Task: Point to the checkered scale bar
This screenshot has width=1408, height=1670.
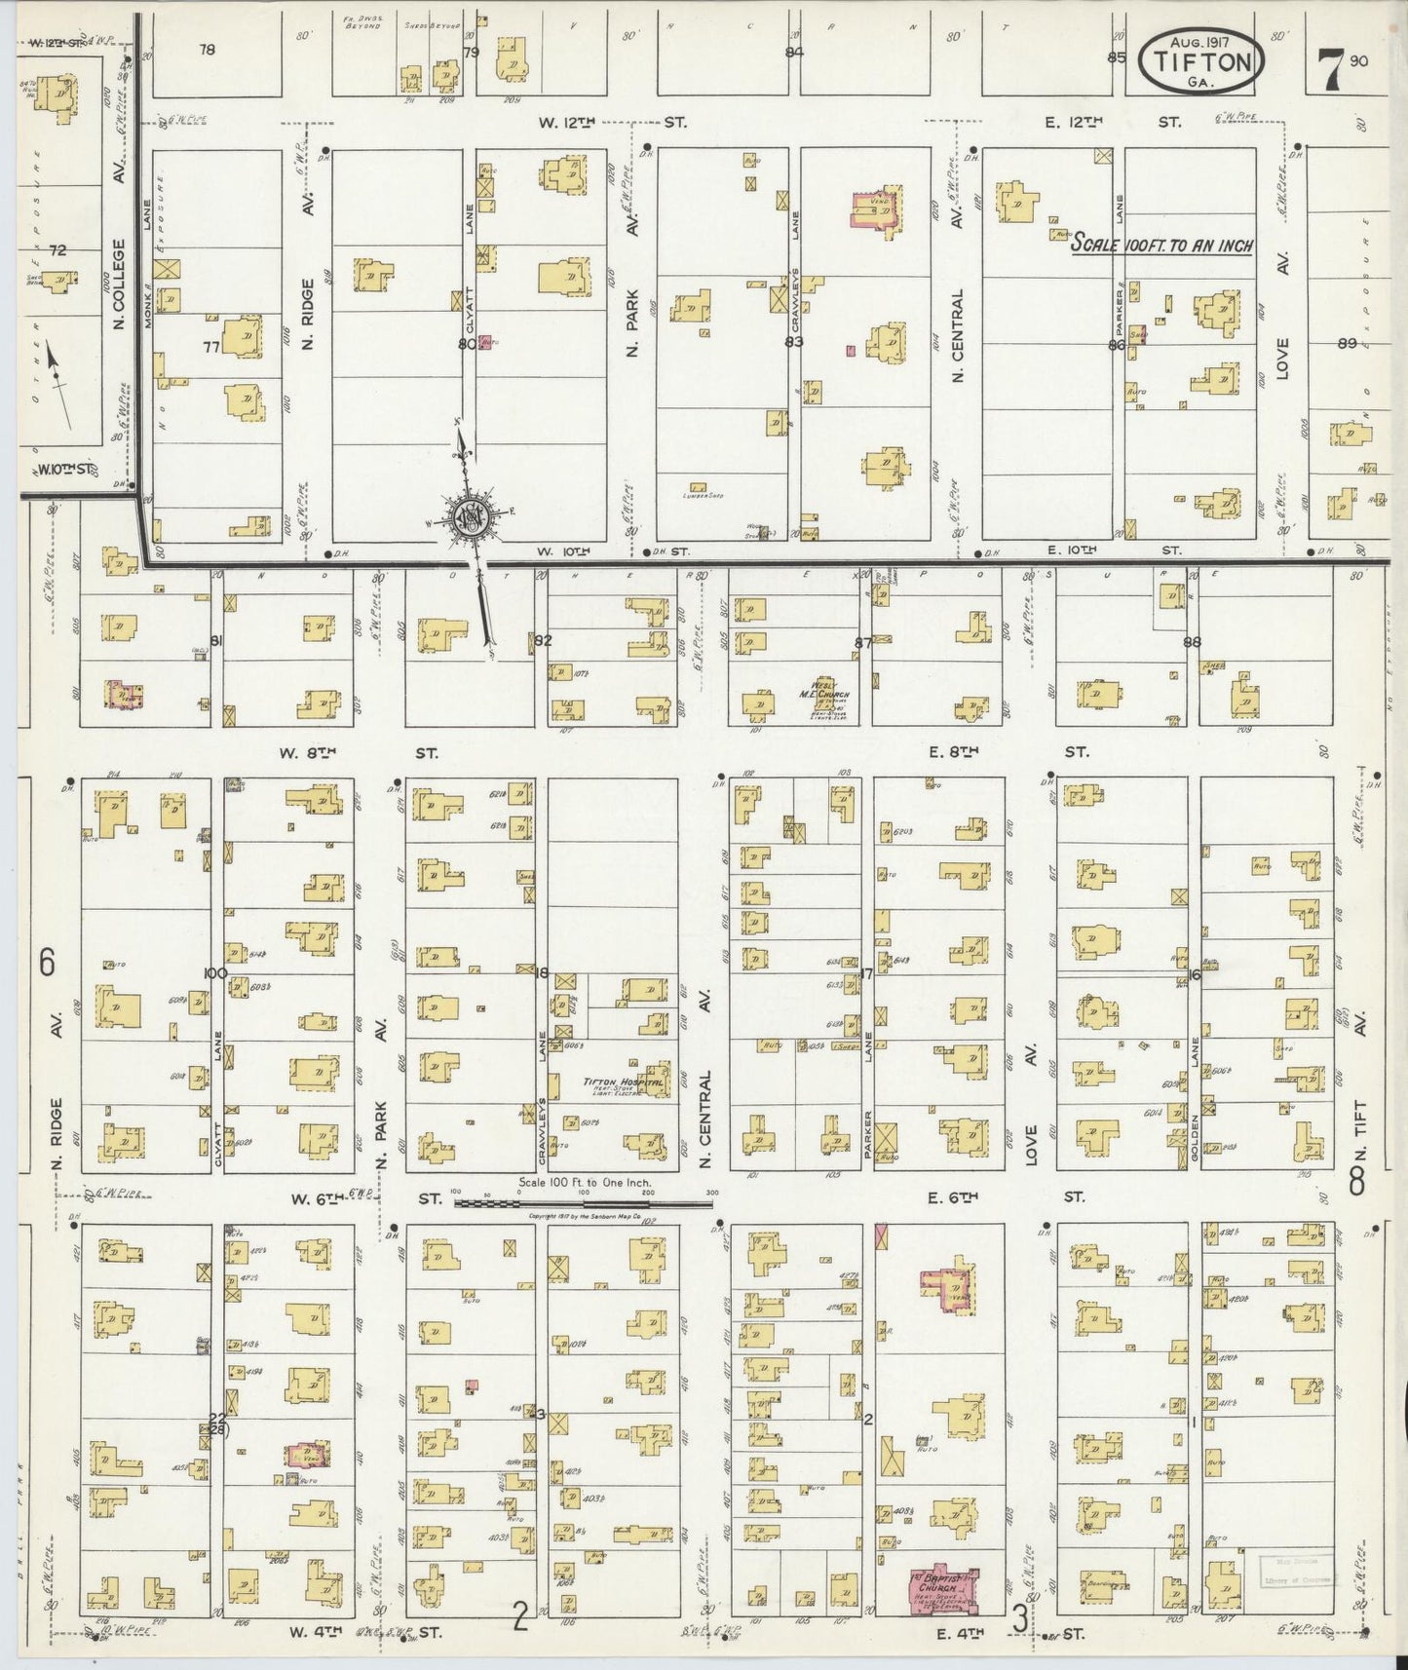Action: [584, 1203]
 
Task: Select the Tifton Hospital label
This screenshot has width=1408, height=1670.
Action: [624, 1082]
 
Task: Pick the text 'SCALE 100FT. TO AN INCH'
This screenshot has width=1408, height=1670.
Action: [1161, 245]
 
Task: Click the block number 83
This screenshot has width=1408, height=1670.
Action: [794, 342]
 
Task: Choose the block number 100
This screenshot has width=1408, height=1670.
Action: [214, 973]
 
